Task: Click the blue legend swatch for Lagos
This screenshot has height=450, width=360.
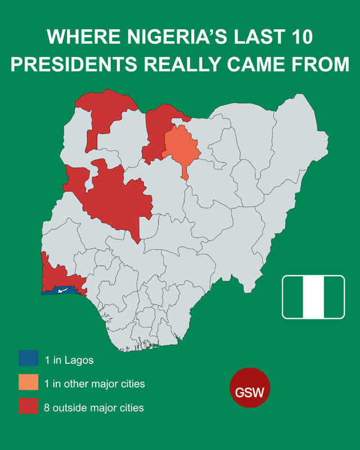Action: tap(28, 358)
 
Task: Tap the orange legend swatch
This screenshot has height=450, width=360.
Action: tap(28, 383)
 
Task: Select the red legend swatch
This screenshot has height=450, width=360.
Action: tap(28, 407)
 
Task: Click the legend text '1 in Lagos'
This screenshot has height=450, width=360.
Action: tap(69, 359)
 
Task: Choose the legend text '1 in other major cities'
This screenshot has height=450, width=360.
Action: tap(94, 384)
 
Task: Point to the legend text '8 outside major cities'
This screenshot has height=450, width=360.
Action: tap(94, 407)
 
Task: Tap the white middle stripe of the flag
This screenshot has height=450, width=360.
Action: tap(313, 297)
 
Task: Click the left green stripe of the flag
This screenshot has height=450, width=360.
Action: tap(293, 297)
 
